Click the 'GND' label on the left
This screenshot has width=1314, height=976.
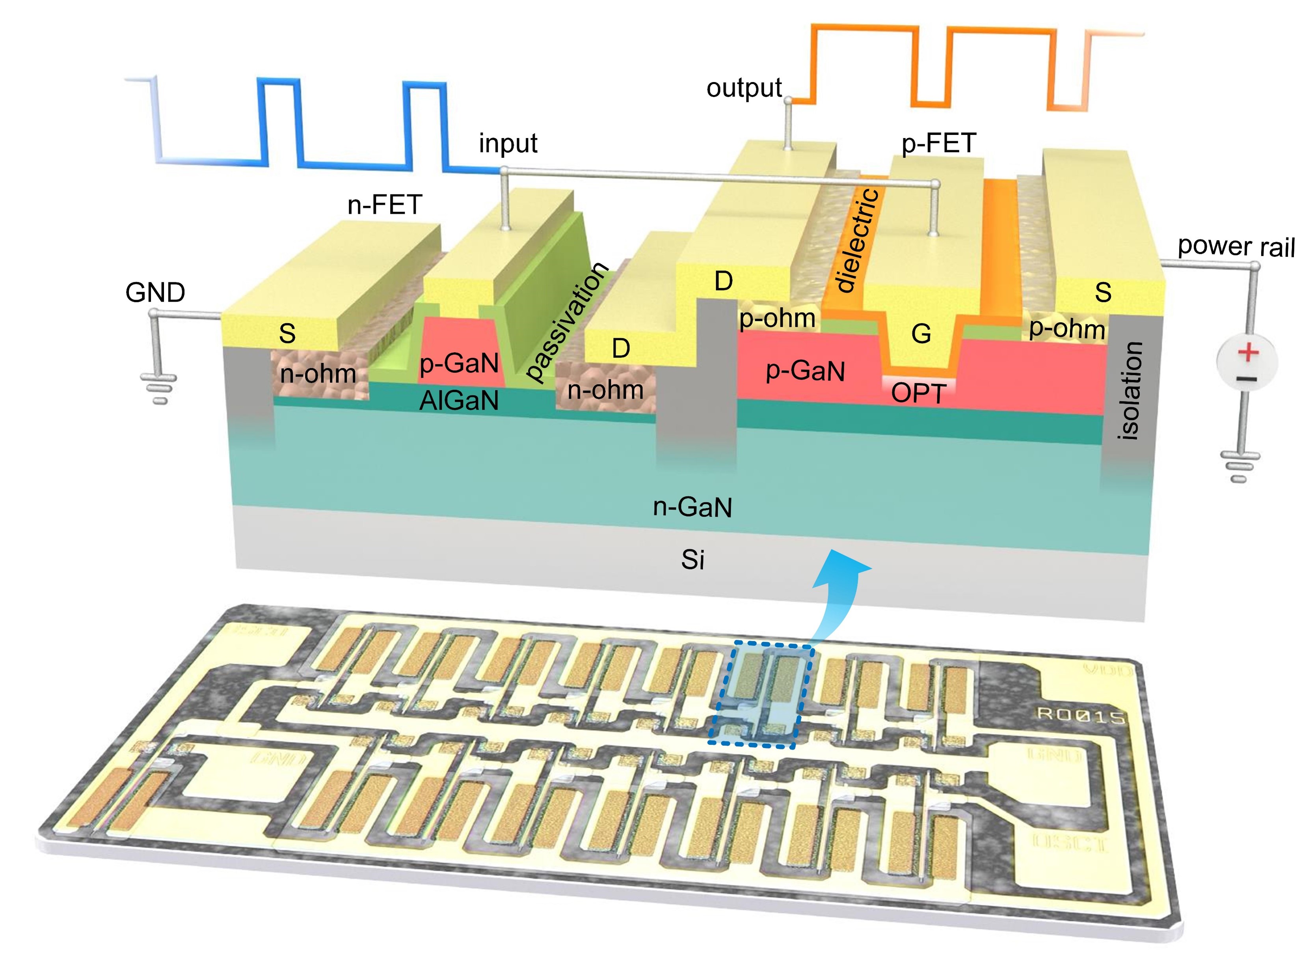(155, 293)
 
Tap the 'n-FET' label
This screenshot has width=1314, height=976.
(384, 205)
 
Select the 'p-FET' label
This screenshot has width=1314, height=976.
(938, 143)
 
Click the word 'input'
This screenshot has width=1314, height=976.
(508, 144)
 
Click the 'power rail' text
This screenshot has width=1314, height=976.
(1236, 246)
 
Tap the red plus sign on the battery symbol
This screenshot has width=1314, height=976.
(1248, 353)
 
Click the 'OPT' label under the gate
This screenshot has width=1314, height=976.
(919, 393)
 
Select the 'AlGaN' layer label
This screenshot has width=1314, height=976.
(459, 401)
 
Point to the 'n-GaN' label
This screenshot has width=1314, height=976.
(692, 507)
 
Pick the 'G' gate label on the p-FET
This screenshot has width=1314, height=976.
(921, 334)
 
